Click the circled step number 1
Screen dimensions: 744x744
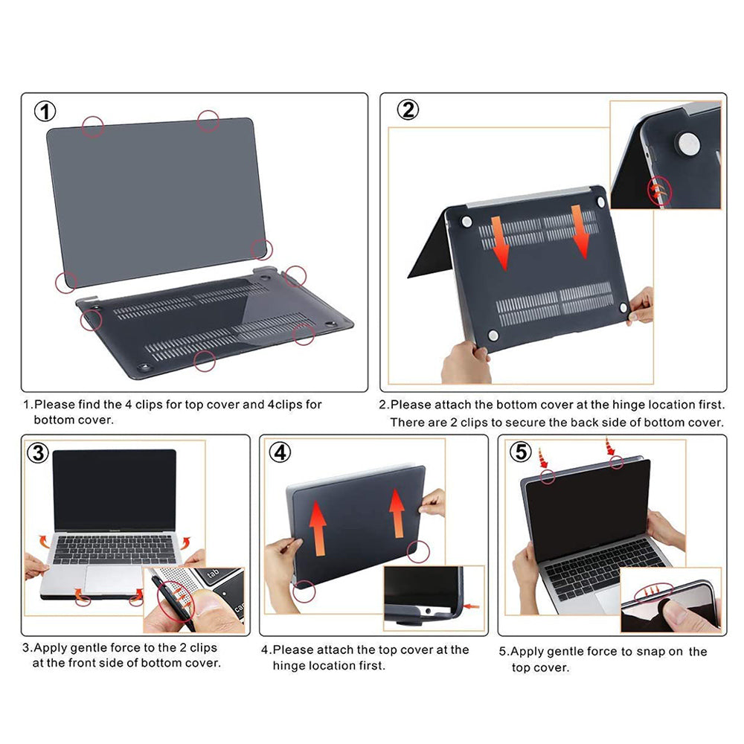coord(46,112)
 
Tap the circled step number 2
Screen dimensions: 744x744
coord(407,110)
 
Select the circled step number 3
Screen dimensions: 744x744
coord(38,452)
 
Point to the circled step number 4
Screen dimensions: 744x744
coord(280,452)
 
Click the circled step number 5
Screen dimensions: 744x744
coord(519,452)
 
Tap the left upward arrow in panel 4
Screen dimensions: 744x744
coord(318,527)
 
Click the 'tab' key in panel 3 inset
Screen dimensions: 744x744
coord(212,574)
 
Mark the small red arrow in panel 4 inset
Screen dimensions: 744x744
coord(472,607)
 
